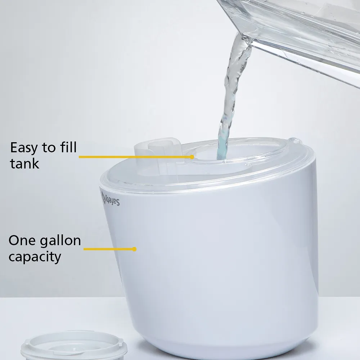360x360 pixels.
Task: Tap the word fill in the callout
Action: point(67,148)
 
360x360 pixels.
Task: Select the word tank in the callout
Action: point(24,163)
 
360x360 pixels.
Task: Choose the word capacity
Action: point(35,257)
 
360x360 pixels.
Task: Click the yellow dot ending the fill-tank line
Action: point(193,157)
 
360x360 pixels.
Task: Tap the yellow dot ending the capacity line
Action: point(135,249)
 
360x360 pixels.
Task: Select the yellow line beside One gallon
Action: point(108,249)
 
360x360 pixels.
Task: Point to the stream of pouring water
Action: point(230,90)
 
